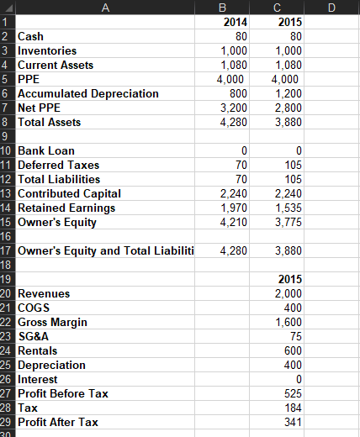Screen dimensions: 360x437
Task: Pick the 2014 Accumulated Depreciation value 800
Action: point(238,93)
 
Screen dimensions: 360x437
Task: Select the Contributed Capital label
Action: point(69,193)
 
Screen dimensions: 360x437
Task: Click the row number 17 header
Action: point(7,250)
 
